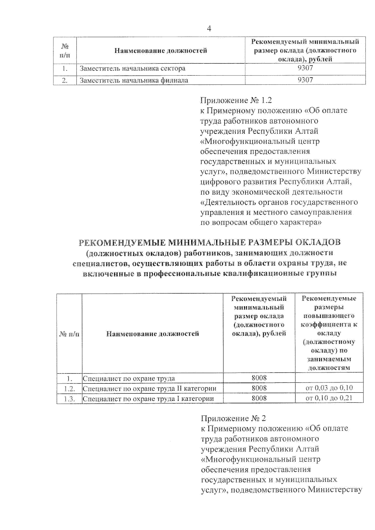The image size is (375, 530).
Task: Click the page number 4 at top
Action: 209,29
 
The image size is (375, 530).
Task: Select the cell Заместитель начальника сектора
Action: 132,68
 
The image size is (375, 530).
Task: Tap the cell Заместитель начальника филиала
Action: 134,80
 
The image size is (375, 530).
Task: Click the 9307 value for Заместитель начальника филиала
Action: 305,80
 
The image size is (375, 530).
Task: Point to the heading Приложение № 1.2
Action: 236,100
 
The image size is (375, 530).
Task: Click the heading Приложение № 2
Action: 233,418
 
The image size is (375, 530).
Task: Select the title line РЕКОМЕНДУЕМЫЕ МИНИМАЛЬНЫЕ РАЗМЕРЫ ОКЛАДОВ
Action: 209,242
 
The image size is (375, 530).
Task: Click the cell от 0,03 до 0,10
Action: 329,388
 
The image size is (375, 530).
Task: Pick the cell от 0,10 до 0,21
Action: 329,398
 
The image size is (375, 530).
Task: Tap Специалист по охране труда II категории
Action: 149,389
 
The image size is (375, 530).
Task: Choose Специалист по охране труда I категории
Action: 148,399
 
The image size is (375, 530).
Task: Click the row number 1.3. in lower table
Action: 69,399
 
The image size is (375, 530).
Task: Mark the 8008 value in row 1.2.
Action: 259,388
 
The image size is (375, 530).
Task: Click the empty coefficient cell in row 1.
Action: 329,378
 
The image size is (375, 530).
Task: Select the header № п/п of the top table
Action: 65,51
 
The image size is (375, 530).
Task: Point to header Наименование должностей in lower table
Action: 152,334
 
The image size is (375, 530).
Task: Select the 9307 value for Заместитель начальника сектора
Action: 305,68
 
